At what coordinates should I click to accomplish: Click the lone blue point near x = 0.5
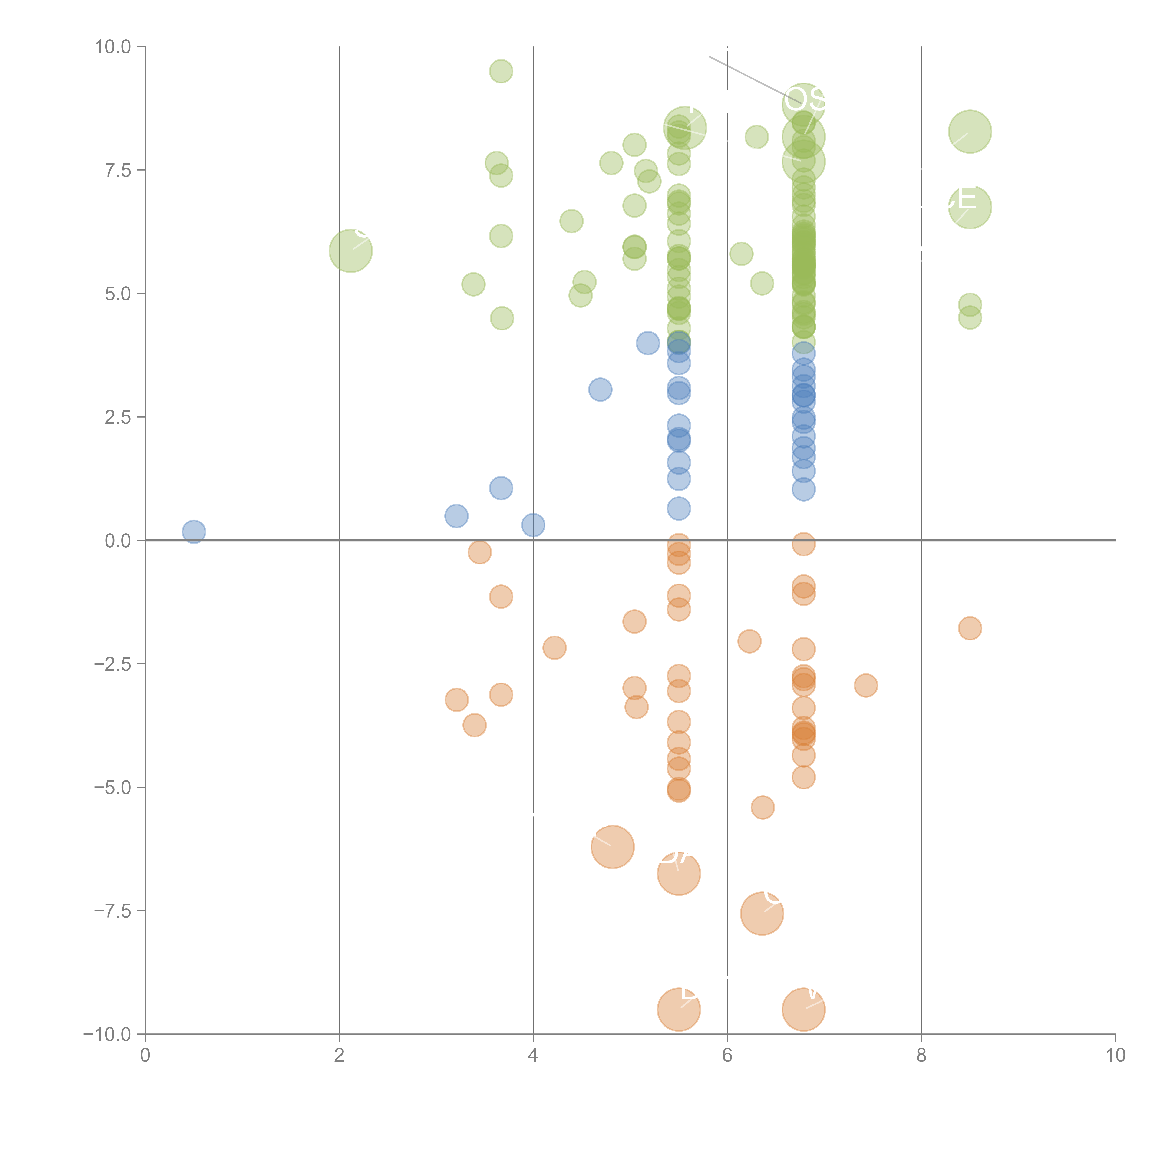pos(194,532)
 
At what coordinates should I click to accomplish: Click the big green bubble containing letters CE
pos(970,207)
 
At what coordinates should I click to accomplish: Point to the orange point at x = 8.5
pos(970,628)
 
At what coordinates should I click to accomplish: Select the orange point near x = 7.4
pos(865,685)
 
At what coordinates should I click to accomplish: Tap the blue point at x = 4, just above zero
pos(533,525)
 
